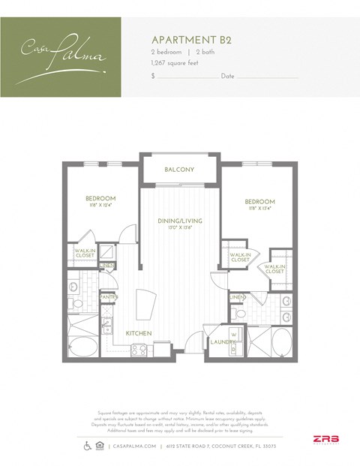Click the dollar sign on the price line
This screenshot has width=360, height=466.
[153, 77]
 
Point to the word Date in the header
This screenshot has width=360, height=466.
[228, 77]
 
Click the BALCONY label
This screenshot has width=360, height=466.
[179, 170]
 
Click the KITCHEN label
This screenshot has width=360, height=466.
[139, 332]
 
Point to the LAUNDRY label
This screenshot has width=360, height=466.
[223, 342]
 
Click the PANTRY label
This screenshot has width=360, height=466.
[109, 297]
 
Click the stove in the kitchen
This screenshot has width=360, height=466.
[139, 348]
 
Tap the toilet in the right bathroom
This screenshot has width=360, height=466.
[286, 302]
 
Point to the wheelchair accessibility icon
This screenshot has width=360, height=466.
[89, 446]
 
